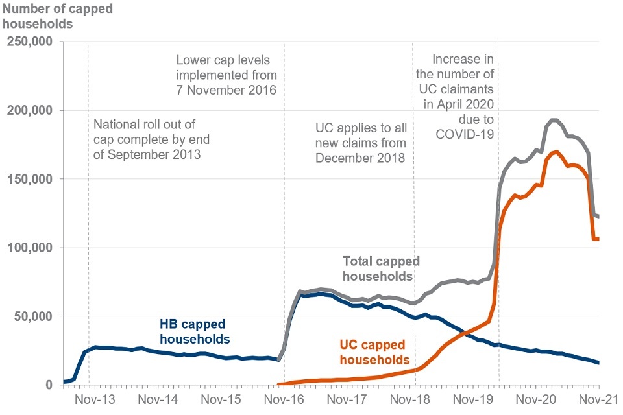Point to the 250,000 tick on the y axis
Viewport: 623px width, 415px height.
coord(32,42)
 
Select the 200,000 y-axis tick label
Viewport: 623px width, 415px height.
coord(32,111)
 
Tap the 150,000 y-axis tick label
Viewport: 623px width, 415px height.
coord(32,180)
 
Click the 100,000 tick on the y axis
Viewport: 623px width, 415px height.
coord(32,248)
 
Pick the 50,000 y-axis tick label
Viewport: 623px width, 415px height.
coord(36,317)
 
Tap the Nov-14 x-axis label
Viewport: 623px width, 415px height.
coord(157,399)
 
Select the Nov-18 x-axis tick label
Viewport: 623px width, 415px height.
coord(413,399)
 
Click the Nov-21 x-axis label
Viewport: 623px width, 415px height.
coord(598,399)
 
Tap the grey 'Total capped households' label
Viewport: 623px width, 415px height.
coord(381,268)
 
